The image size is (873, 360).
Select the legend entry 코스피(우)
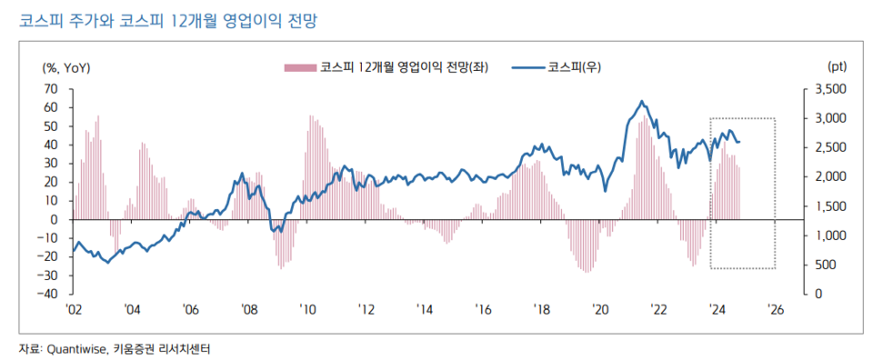[x=557, y=67]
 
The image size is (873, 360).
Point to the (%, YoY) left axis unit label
[x=66, y=67]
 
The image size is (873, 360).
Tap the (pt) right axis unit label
[x=838, y=67]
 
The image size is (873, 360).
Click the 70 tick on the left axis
[x=51, y=88]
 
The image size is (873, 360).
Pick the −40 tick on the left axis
[x=47, y=294]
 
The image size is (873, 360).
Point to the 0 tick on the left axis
[x=55, y=219]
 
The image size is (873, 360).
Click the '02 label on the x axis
[x=75, y=310]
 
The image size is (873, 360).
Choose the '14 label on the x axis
[x=425, y=310]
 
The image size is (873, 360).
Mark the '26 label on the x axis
[x=775, y=310]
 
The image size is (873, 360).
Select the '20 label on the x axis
[x=600, y=310]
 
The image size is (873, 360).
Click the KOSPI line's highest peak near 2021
[x=641, y=101]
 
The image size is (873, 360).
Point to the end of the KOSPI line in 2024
[x=739, y=142]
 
